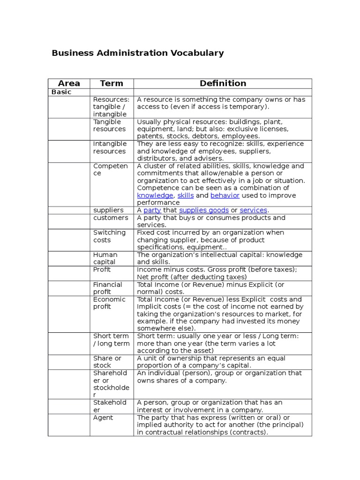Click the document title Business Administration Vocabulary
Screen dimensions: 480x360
tap(137, 53)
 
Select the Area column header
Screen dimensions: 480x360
tap(68, 83)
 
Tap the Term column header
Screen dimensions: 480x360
tap(111, 83)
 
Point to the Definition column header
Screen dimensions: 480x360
tap(223, 83)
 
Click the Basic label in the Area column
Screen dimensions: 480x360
tap(61, 92)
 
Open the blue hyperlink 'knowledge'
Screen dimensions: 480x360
tap(155, 195)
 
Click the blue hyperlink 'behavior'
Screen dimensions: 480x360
tap(225, 195)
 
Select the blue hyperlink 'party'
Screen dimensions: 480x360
tap(152, 210)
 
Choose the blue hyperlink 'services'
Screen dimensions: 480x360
tap(253, 210)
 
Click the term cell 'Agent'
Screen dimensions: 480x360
tap(103, 418)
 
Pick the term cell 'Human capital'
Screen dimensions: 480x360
tap(105, 258)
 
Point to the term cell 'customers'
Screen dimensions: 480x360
tap(110, 218)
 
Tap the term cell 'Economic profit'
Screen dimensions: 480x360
tap(109, 303)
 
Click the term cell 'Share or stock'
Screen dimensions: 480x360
tap(107, 362)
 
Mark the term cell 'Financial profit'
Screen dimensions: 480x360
tap(107, 288)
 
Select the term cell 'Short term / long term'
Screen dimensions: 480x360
tap(111, 340)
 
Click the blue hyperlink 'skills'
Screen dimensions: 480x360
tap(186, 195)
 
